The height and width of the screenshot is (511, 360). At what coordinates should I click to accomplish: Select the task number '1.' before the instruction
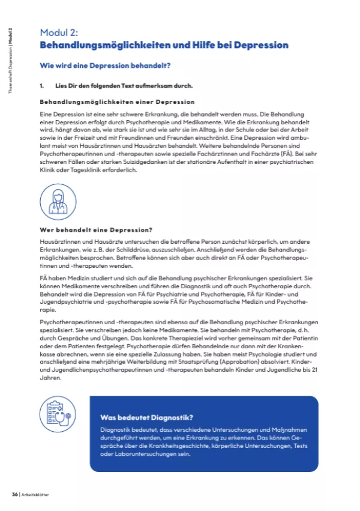coord(43,86)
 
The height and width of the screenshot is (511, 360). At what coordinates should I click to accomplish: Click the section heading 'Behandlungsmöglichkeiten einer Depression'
coord(117,101)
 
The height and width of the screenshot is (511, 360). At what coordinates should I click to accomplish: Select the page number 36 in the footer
coord(15,495)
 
